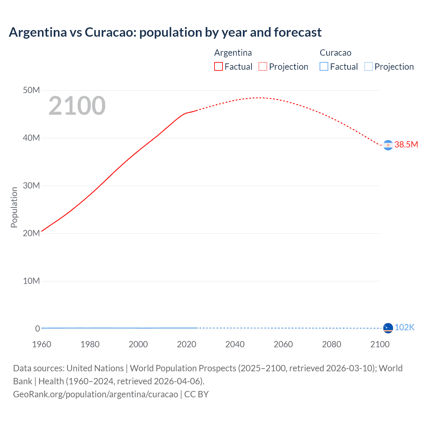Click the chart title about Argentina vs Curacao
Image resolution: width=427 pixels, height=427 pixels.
coord(165,32)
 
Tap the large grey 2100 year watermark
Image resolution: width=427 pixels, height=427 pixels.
coord(77,106)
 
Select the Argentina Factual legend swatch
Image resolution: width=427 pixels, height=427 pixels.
coord(218,67)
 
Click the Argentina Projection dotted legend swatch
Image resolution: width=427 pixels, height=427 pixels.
coord(263,67)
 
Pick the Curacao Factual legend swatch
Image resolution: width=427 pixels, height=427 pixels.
coord(324,67)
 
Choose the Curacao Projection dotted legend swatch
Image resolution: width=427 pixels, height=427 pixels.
coord(368,67)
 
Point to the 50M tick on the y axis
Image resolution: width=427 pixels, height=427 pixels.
coord(31,90)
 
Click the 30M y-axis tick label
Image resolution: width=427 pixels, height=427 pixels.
coord(31,186)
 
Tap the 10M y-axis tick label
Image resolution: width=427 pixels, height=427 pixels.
coord(31,281)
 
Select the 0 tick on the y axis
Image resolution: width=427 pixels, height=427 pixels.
coord(37,329)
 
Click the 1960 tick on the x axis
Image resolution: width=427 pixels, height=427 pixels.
coord(42,344)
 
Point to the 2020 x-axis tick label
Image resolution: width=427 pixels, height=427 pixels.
coord(186,344)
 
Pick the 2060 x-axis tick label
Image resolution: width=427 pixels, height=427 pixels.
coord(283,344)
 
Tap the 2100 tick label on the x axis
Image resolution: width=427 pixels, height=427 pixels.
coord(380,344)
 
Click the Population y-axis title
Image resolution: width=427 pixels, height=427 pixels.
coord(14,207)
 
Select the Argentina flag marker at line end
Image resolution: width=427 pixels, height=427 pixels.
coord(388,145)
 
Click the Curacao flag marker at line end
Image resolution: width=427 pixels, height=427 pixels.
coord(388,328)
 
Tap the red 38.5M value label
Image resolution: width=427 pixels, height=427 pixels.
coord(406,144)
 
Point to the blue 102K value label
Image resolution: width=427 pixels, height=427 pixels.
coord(404,327)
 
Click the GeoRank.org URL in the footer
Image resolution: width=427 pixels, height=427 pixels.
coord(95,394)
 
